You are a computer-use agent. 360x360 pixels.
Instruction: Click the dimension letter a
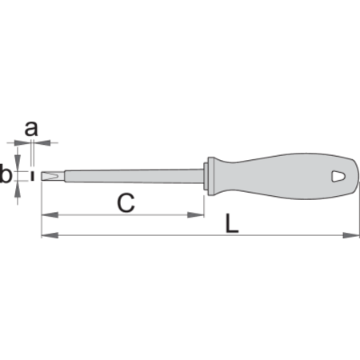click(x=31, y=129)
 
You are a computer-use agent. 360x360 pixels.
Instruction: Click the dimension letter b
click(x=6, y=174)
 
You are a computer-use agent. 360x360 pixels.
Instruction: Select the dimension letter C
click(x=126, y=203)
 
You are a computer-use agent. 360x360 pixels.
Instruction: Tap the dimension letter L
click(x=232, y=223)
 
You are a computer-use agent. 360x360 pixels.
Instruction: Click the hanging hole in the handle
click(x=338, y=176)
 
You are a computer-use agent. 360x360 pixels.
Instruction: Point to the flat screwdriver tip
click(x=53, y=176)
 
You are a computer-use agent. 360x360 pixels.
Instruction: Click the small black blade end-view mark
click(x=32, y=176)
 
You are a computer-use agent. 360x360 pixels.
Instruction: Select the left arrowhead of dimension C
click(x=50, y=214)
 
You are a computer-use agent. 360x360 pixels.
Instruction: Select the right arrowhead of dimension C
click(x=196, y=214)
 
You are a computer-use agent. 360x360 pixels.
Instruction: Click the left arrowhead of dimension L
click(x=50, y=235)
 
